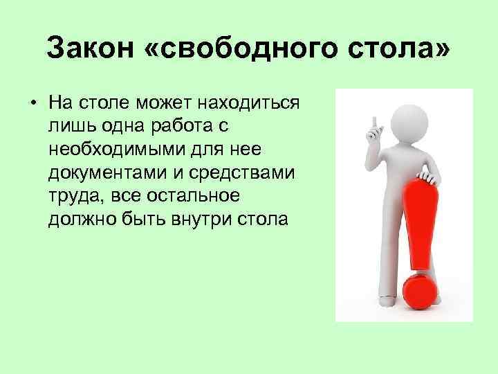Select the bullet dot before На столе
point(33,104)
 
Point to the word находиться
point(249,104)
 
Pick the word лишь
point(68,127)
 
